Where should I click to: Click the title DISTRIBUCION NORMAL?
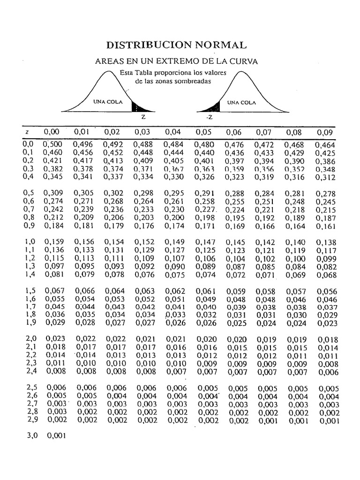[176, 45]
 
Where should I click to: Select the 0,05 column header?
[204, 132]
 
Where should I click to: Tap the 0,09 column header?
[325, 132]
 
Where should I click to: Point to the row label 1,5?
[30, 291]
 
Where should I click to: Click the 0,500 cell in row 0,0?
[53, 145]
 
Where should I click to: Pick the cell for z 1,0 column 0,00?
[54, 242]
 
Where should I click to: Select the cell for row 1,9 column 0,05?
[205, 323]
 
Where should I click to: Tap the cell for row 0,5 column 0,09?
[325, 194]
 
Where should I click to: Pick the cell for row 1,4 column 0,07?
[264, 275]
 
